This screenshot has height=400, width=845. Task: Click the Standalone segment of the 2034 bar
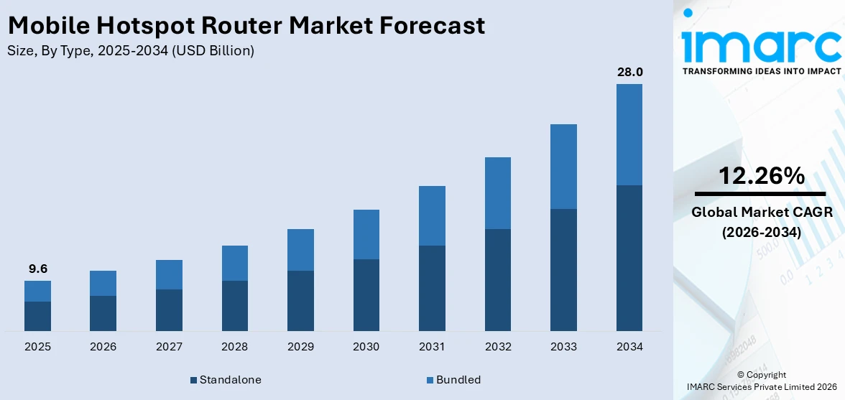click(629, 258)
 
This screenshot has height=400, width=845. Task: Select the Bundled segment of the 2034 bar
click(629, 134)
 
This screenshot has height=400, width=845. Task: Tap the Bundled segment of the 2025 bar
click(37, 291)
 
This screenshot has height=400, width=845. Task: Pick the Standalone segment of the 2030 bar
click(366, 294)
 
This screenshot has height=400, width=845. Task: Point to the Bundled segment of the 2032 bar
click(497, 192)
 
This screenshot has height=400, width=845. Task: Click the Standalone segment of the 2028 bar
click(234, 305)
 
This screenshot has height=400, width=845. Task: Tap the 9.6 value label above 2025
click(37, 269)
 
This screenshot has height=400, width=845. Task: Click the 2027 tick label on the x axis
click(169, 347)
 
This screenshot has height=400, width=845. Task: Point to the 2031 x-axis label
click(432, 347)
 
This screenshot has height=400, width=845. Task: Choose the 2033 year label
click(563, 347)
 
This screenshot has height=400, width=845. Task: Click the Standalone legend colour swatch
click(193, 380)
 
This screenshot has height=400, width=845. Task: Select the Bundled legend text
click(458, 379)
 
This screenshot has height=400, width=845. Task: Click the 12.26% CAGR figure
click(761, 176)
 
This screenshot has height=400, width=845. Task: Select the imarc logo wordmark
click(761, 45)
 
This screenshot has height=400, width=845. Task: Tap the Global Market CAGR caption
click(761, 212)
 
